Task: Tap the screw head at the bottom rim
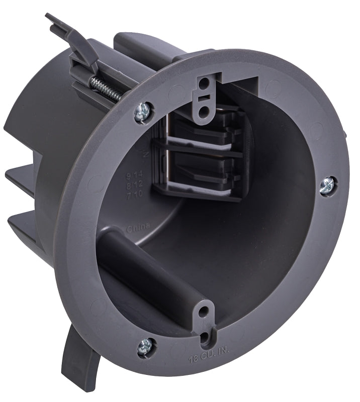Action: click(146, 346)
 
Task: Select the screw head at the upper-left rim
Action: click(143, 112)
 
